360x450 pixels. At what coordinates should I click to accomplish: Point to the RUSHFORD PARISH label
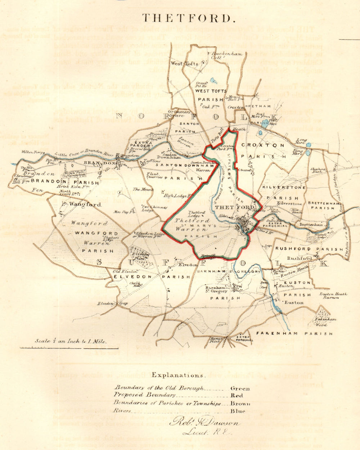pyautogui.click(x=309, y=249)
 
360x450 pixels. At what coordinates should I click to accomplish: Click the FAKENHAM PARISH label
pyautogui.click(x=294, y=334)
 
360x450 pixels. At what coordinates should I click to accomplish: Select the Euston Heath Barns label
pyautogui.click(x=333, y=296)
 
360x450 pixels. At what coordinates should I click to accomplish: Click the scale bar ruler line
pyautogui.click(x=68, y=347)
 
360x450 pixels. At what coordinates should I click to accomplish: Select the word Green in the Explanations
pyautogui.click(x=240, y=388)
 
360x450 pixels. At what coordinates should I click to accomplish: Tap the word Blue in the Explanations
pyautogui.click(x=238, y=411)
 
